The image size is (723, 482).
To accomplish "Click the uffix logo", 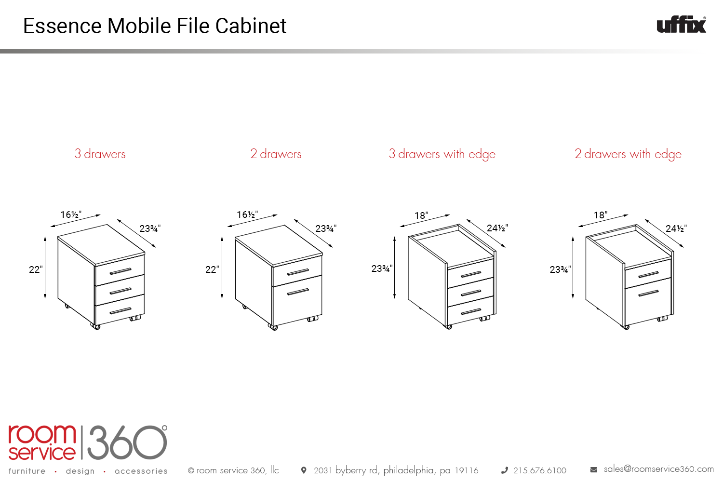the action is click(x=682, y=25).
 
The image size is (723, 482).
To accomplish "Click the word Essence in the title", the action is click(x=62, y=26).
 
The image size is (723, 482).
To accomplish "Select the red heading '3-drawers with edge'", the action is click(x=442, y=154).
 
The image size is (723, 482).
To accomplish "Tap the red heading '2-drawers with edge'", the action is click(x=628, y=154).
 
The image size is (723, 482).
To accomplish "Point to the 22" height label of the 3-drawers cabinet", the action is click(x=36, y=269).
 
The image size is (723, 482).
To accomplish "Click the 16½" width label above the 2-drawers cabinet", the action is click(x=247, y=214).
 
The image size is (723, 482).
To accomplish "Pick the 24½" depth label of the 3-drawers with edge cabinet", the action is click(x=497, y=228).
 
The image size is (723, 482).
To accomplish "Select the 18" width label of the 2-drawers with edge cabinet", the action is click(x=601, y=215).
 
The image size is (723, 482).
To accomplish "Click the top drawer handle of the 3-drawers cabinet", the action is click(x=120, y=271).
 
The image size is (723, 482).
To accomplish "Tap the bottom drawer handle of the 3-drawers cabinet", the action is click(x=120, y=311).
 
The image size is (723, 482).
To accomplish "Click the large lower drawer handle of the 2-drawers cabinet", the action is click(x=298, y=292).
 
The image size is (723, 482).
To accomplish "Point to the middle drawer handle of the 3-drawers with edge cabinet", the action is click(x=471, y=293).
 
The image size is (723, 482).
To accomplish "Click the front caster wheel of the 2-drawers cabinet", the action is click(x=273, y=327).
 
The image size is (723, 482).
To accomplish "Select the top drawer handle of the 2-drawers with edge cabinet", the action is click(x=648, y=275).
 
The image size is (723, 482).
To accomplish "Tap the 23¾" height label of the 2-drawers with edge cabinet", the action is click(x=560, y=269).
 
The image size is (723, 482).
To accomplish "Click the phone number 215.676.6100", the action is click(x=540, y=470).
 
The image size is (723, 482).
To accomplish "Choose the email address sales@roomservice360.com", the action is click(x=658, y=469).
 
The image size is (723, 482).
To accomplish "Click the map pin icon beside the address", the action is click(x=303, y=470).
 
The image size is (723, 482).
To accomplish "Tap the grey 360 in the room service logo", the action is click(x=127, y=442).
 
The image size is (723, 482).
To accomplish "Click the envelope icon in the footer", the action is click(x=593, y=470).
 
